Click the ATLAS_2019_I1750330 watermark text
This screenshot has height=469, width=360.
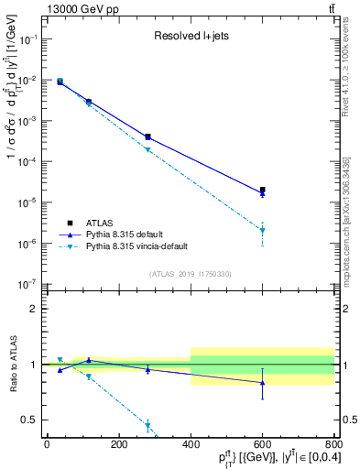coord(190,273)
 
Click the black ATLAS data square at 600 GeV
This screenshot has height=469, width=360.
coord(263,190)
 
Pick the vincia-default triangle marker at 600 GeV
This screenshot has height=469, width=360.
coord(263,231)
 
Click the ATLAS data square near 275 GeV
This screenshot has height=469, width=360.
coord(147,136)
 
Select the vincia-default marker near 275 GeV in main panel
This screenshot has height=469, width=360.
coord(147,149)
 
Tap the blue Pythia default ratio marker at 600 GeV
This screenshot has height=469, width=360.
coord(263,383)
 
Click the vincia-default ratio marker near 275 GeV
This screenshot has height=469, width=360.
coord(147,425)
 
